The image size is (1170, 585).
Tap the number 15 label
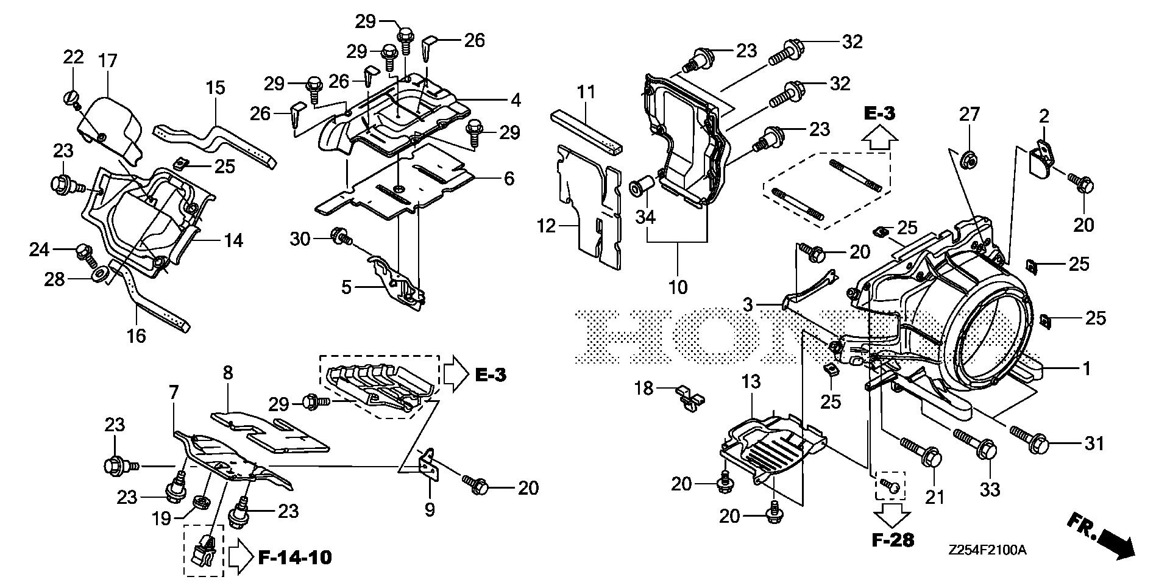click(x=215, y=87)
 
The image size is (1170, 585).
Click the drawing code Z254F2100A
click(x=987, y=550)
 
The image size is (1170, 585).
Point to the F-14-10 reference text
click(x=296, y=558)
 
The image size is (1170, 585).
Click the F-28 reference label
click(x=893, y=540)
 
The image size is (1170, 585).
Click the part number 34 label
click(x=645, y=216)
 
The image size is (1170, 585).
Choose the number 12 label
click(x=547, y=227)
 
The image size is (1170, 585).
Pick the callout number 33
click(x=990, y=489)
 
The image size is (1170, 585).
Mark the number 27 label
click(x=970, y=114)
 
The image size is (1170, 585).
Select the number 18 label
click(x=644, y=387)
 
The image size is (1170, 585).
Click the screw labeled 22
click(x=70, y=98)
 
